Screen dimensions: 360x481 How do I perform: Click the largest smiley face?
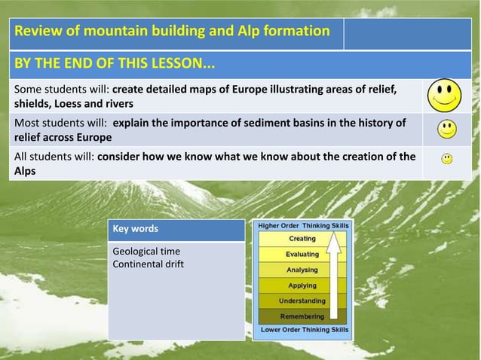pyautogui.click(x=444, y=96)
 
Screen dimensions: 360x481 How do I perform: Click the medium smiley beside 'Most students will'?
pyautogui.click(x=447, y=129)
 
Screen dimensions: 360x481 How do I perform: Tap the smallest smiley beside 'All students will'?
pyautogui.click(x=447, y=159)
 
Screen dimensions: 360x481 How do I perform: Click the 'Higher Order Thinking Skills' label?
pyautogui.click(x=303, y=225)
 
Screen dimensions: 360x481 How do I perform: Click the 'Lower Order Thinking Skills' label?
pyautogui.click(x=303, y=330)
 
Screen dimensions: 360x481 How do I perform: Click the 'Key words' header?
pyautogui.click(x=136, y=229)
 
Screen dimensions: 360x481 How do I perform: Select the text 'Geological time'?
pyautogui.click(x=146, y=251)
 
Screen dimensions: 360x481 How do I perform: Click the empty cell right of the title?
pyautogui.click(x=407, y=32)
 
